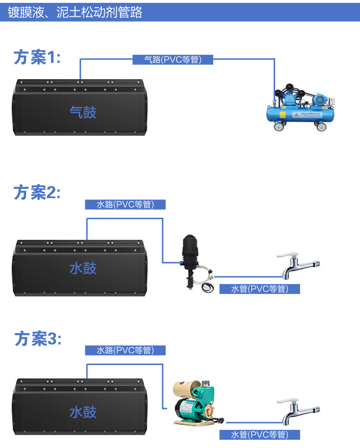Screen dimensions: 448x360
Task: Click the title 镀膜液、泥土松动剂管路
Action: (x=75, y=12)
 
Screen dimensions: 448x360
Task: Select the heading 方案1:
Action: (x=37, y=58)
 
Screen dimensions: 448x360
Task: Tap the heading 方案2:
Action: (x=37, y=192)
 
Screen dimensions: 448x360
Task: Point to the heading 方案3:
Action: (x=37, y=339)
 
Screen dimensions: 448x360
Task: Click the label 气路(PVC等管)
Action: (x=173, y=60)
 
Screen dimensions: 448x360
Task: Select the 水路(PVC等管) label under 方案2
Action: (x=125, y=204)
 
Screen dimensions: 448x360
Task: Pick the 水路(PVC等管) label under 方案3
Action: (x=125, y=351)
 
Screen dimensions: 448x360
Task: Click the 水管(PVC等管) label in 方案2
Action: (x=260, y=289)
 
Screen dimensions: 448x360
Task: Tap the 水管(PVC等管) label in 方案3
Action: (x=260, y=435)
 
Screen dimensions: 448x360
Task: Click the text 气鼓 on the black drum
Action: (x=83, y=112)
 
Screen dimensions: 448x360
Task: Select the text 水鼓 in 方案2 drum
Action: (x=83, y=268)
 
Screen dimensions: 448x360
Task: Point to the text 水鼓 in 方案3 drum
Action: (x=83, y=412)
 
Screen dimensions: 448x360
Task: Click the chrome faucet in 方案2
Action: (x=298, y=266)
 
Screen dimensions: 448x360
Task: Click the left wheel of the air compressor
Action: (x=278, y=127)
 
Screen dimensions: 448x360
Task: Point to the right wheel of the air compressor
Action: (x=320, y=127)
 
